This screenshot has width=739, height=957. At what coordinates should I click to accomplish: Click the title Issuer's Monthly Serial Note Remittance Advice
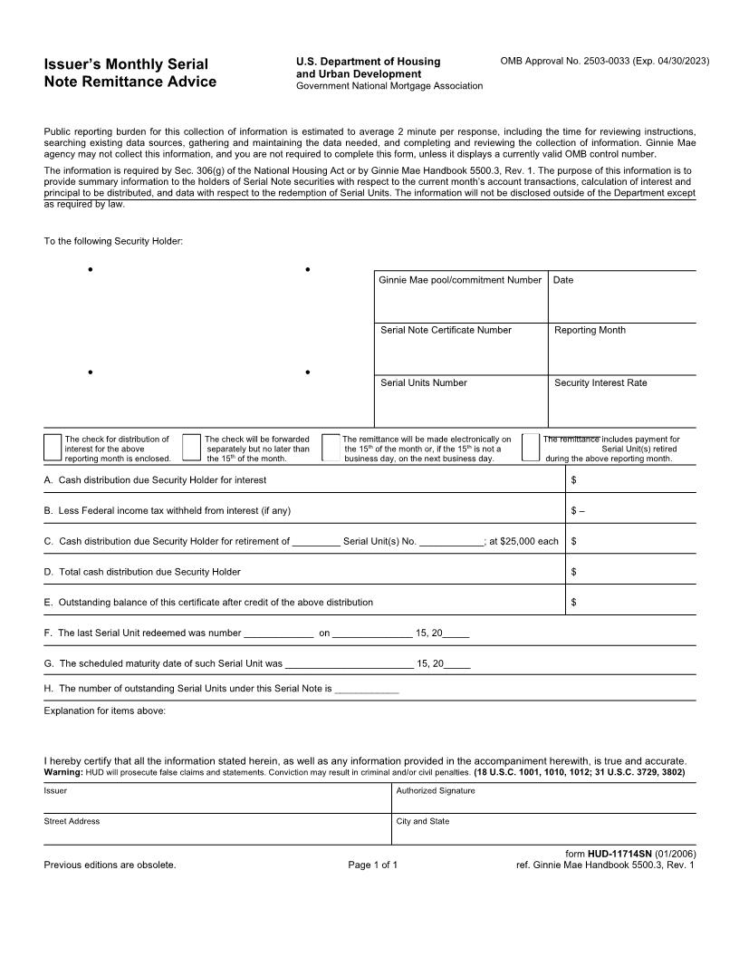pos(130,72)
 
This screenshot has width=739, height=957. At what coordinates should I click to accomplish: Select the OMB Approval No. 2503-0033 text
pos(604,61)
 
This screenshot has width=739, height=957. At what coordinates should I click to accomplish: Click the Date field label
pos(563,280)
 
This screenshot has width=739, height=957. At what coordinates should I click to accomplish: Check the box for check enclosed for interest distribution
pos(53,449)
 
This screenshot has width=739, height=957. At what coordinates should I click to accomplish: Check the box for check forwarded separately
pos(191,449)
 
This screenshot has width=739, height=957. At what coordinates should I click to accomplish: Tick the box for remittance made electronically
pos(331,449)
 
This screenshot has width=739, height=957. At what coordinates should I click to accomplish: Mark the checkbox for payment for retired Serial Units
pos(531,449)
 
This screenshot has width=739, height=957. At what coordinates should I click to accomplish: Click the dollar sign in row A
pos(574,479)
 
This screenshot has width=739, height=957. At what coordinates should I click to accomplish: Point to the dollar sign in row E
pos(574,602)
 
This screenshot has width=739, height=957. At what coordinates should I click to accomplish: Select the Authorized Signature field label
pos(435,790)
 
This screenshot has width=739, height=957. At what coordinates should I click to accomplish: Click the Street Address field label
pos(72,821)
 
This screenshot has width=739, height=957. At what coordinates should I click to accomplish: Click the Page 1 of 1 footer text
pos(372,865)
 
